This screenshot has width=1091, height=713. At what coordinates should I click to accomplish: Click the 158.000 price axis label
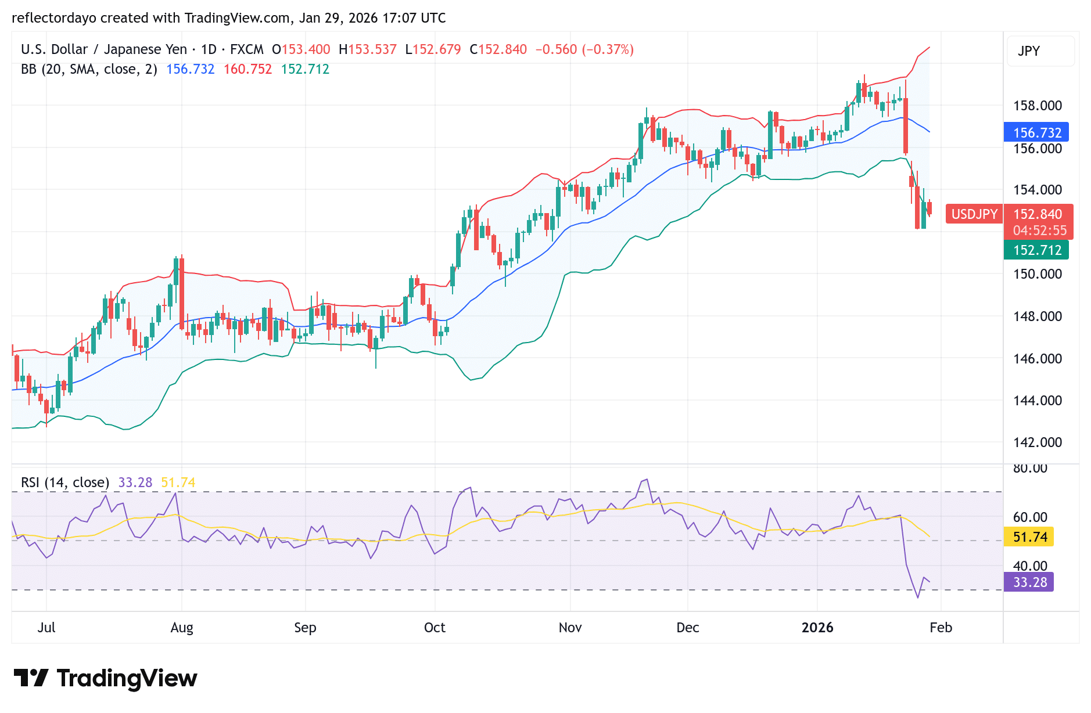tap(1037, 106)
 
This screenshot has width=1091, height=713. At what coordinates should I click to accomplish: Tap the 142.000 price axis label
tap(1037, 442)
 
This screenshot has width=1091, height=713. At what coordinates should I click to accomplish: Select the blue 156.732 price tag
tap(1036, 132)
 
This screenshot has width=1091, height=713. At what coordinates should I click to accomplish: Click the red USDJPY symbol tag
tap(974, 214)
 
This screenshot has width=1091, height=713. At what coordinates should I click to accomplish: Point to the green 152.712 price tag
tap(1036, 250)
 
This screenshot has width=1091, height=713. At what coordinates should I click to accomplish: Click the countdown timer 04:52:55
tap(1039, 231)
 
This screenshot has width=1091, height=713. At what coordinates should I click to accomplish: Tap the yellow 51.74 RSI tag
tap(1029, 536)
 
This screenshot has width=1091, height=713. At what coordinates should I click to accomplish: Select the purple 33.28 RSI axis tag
tap(1029, 582)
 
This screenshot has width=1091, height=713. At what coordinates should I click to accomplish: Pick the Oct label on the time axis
tap(435, 628)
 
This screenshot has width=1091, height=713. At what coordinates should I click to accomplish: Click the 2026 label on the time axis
tap(817, 628)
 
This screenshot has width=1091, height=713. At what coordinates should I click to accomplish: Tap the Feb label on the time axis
tap(941, 628)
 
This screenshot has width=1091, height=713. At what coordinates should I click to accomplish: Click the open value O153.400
tap(301, 49)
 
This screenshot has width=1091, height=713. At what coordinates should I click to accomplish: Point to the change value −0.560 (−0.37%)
tap(584, 49)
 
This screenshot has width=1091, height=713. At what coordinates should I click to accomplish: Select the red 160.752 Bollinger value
tap(247, 69)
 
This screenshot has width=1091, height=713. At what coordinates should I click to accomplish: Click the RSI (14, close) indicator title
tap(65, 482)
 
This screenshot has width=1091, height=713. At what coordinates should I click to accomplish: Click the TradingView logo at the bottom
tap(105, 678)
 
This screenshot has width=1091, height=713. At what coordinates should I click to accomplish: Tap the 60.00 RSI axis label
tap(1030, 517)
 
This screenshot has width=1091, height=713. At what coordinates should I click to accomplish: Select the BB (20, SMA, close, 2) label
tap(89, 69)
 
